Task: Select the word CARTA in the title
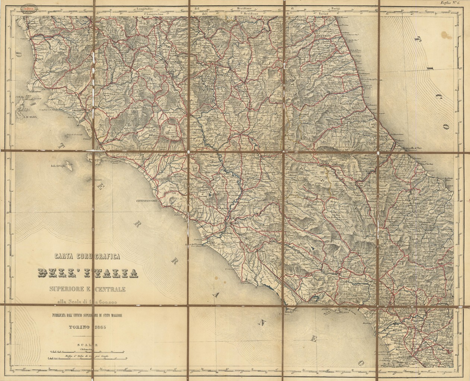coord(67,256)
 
